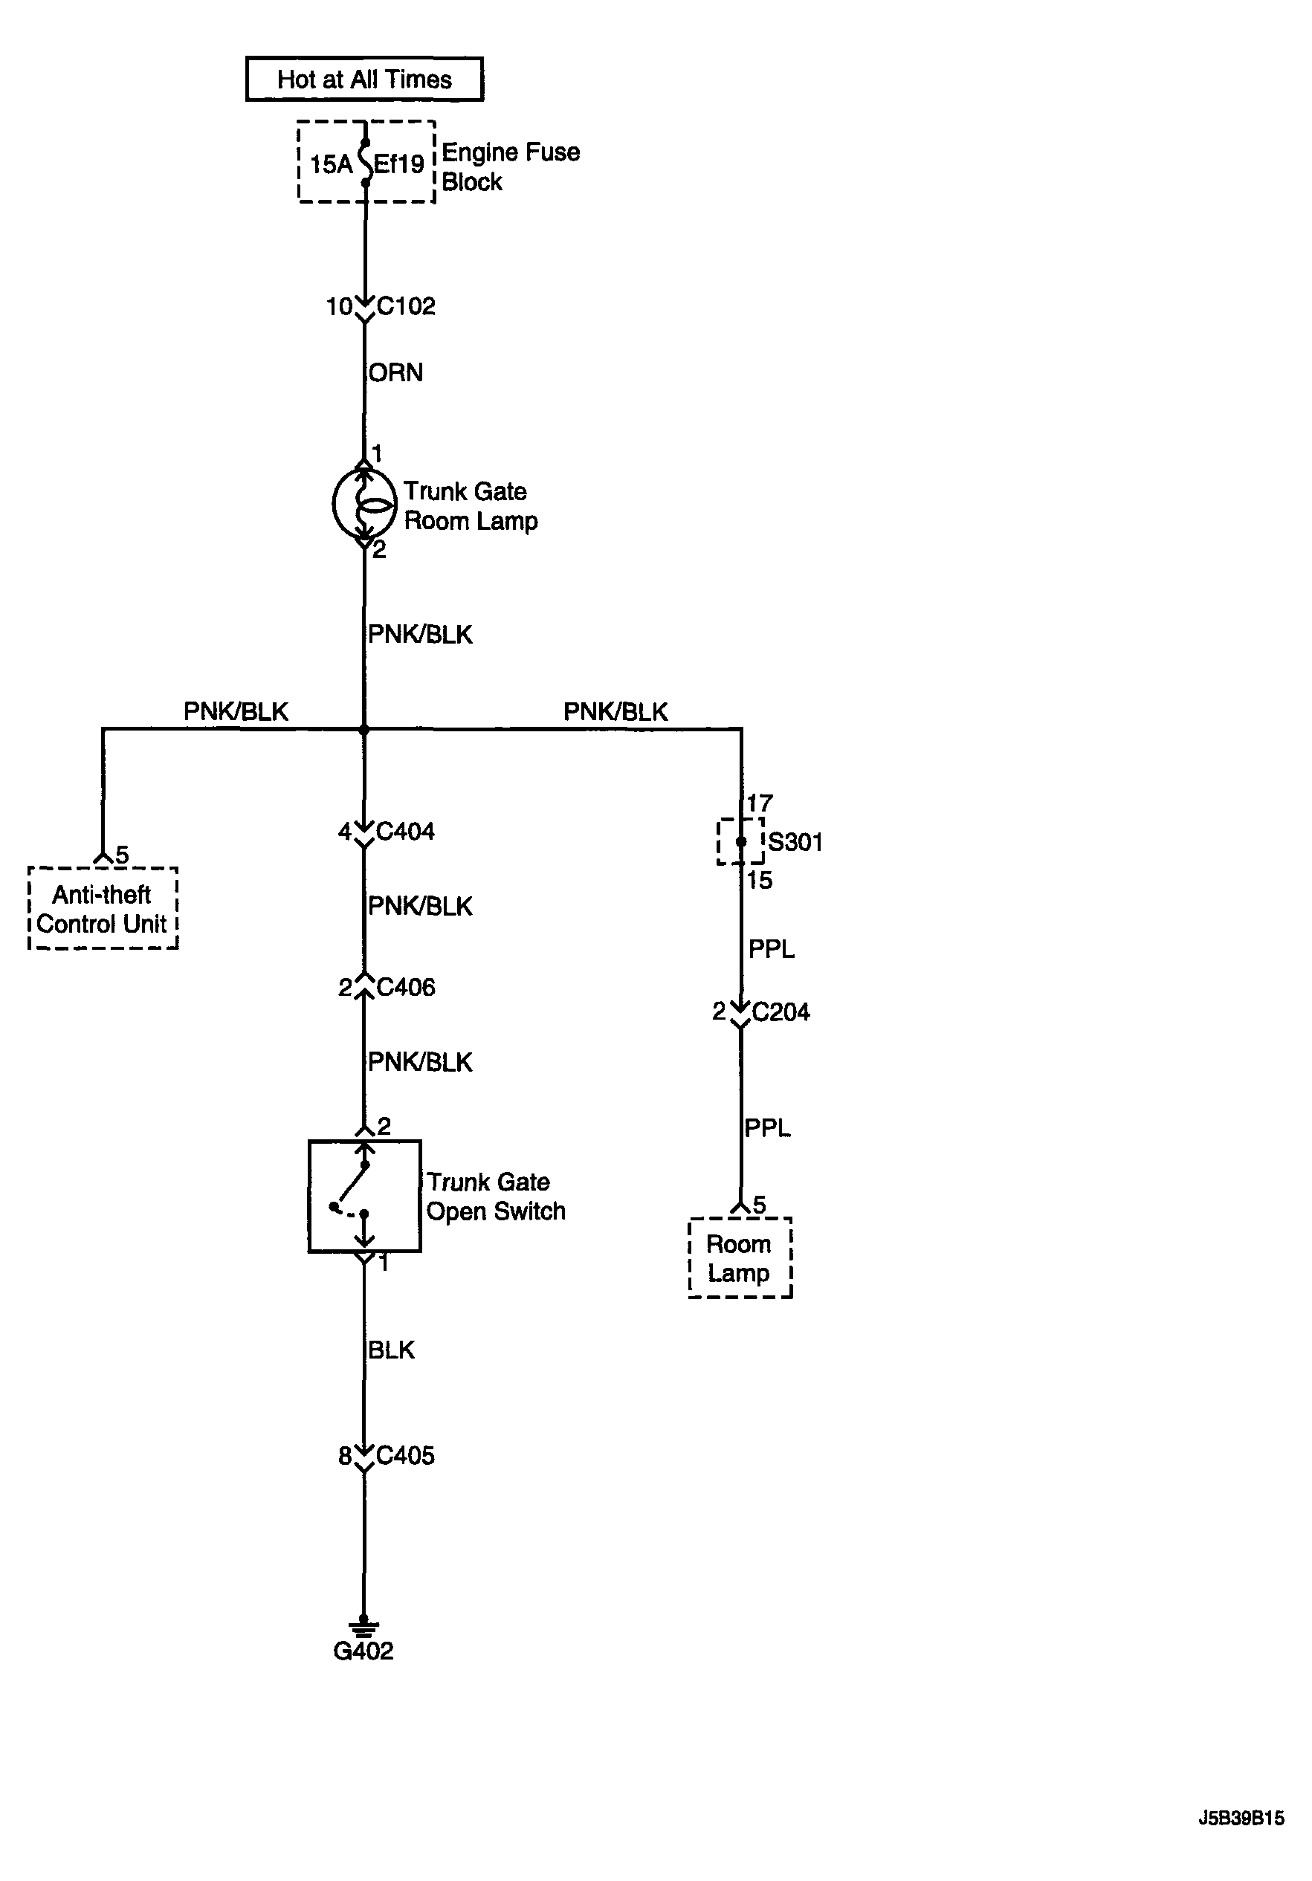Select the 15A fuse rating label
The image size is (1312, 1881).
point(331,165)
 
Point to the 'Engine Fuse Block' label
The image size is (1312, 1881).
point(511,166)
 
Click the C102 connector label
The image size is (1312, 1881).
point(406,306)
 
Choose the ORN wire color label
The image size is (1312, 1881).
point(395,373)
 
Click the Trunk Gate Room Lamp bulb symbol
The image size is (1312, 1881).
point(363,503)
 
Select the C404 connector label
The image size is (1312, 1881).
point(405,832)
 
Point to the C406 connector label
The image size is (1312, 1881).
point(406,987)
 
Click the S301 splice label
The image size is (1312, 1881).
point(795,842)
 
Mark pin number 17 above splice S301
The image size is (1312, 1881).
point(760,803)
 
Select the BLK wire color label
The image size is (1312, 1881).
point(391,1350)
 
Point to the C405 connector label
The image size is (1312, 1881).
point(405,1456)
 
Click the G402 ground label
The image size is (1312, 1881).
point(363,1651)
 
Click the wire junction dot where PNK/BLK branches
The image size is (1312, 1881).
point(363,729)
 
